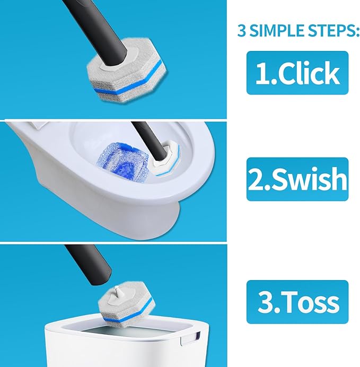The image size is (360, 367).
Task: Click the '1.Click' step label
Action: [297, 73]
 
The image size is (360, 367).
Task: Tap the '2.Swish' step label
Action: [297, 179]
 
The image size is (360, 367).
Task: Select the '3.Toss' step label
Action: [297, 302]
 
